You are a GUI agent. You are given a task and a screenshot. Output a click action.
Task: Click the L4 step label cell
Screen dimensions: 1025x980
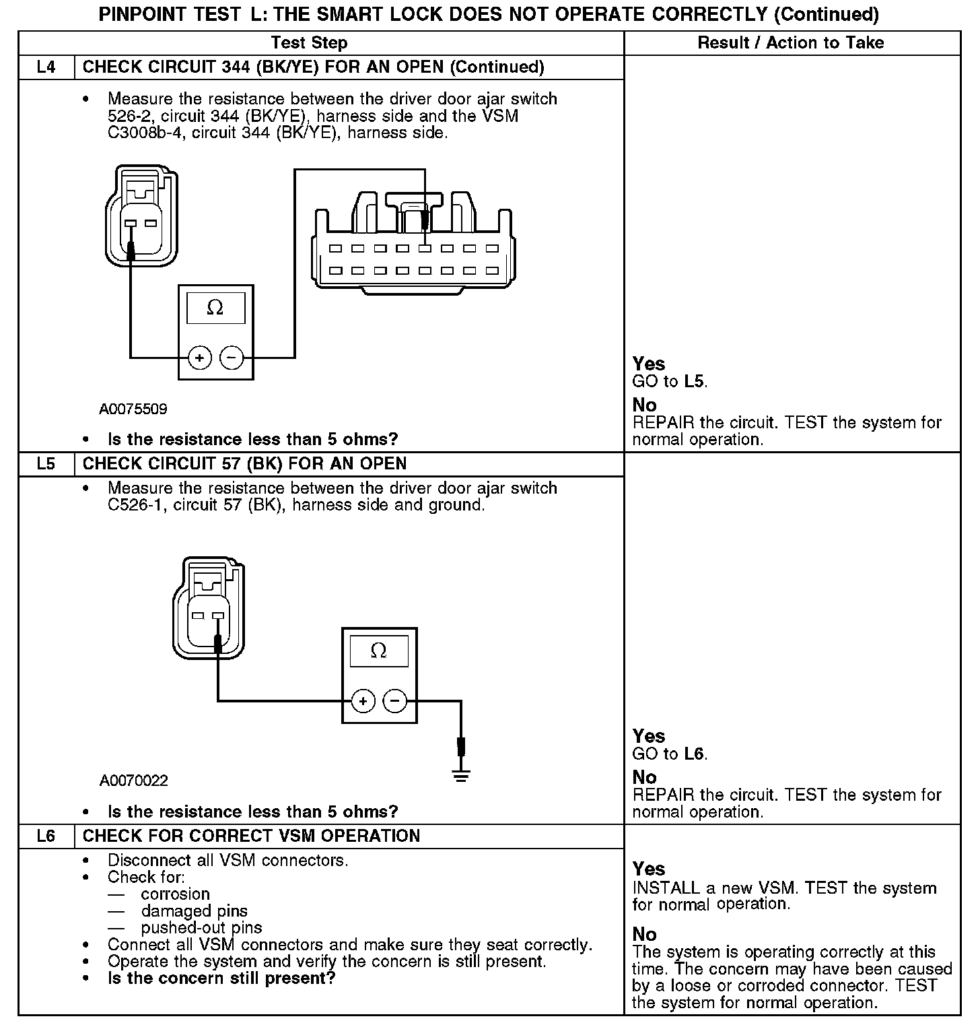coord(46,67)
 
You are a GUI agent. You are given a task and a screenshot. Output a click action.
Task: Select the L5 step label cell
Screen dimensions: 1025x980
coord(46,464)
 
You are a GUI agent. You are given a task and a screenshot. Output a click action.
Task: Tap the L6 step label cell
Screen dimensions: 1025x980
coord(46,836)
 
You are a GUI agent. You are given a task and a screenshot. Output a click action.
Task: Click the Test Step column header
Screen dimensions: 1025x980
coord(309,43)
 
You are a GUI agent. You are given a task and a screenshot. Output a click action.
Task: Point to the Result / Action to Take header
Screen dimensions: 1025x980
coord(791,43)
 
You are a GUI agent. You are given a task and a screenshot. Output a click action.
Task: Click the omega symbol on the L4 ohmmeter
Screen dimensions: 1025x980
coord(215,308)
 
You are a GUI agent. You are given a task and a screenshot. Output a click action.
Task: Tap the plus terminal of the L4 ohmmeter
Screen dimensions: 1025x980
coord(199,357)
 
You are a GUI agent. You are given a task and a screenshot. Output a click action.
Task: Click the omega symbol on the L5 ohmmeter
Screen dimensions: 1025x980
coord(379,651)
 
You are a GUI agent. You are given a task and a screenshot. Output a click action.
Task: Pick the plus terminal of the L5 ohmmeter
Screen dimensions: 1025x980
coord(363,701)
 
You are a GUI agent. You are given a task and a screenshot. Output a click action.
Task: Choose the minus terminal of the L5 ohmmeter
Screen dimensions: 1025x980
coord(395,701)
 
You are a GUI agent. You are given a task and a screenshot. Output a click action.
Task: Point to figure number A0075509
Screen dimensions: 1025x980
coord(133,409)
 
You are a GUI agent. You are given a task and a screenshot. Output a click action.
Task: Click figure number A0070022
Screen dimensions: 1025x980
coord(133,781)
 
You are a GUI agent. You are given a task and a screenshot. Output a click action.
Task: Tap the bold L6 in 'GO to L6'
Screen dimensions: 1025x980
coord(694,754)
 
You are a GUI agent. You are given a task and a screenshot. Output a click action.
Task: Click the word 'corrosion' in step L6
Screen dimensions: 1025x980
coord(176,894)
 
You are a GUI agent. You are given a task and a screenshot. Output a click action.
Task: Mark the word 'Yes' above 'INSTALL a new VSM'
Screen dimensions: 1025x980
coord(649,869)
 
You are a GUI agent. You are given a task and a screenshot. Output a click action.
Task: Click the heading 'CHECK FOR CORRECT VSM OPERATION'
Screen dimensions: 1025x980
coord(251,836)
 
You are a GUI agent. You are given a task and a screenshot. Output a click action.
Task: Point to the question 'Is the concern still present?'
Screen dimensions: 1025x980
coord(221,978)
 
